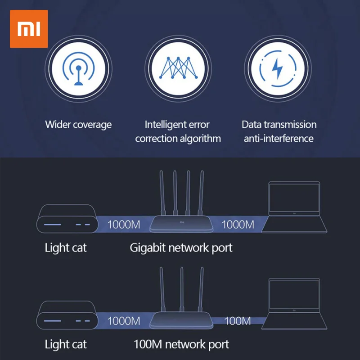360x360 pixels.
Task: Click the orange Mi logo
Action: tap(28, 29)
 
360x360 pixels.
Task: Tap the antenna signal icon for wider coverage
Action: tap(78, 69)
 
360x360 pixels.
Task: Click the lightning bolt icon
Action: tap(278, 69)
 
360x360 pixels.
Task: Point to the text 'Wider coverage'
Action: tap(78, 125)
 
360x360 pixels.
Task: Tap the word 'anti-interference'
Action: tap(279, 139)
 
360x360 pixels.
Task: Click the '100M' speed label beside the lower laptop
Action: tap(237, 321)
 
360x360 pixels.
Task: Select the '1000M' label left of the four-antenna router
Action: tap(124, 224)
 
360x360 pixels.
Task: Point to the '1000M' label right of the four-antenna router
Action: tap(238, 224)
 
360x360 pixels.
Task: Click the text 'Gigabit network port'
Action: tap(181, 247)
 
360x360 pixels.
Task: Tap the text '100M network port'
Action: tap(181, 345)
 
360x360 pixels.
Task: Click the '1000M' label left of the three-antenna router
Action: tap(124, 321)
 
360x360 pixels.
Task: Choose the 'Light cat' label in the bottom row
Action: tap(66, 345)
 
